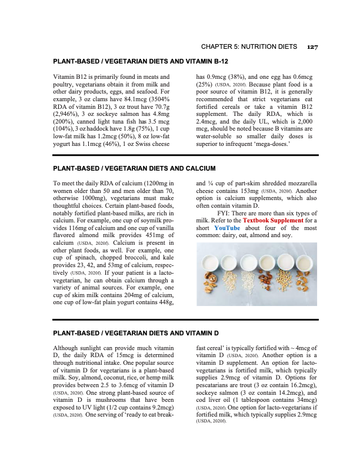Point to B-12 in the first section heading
[217, 61]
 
